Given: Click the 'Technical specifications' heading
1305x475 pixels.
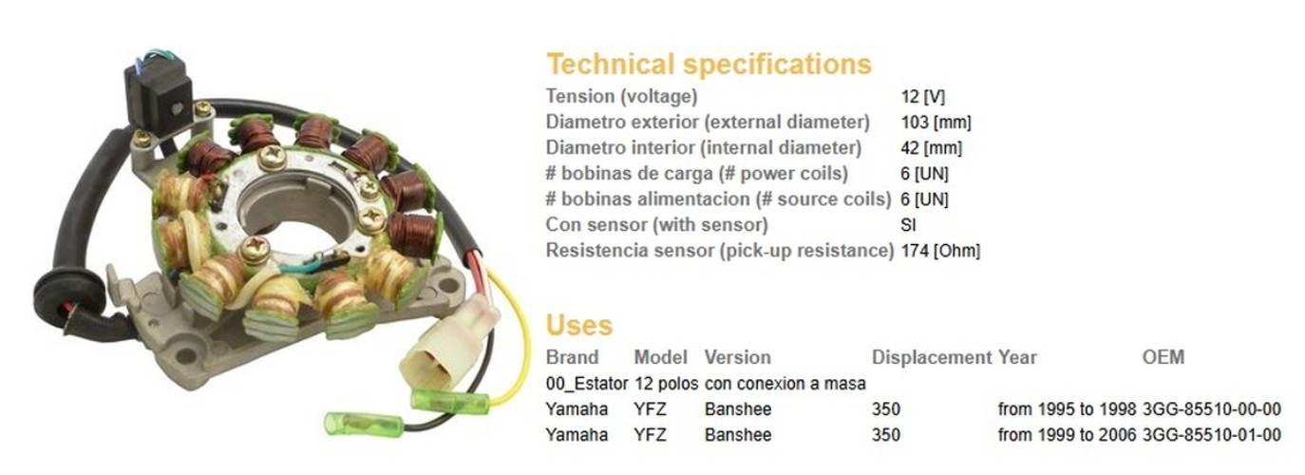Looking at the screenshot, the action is pos(709,64).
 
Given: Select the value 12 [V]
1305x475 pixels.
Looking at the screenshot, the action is pos(923,97).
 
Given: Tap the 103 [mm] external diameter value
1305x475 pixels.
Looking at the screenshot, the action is pos(936,123).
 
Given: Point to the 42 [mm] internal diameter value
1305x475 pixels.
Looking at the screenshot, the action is pos(931,148).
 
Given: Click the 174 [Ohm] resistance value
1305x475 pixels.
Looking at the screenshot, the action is pos(940,251).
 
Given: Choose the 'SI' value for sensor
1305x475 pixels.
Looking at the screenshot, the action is pos(908,225).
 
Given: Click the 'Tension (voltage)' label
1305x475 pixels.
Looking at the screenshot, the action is pos(621,97).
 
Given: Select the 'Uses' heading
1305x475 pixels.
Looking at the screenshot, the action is pos(579,325).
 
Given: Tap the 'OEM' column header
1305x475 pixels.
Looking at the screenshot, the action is pos(1163,356).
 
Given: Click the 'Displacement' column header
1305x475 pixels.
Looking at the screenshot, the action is pos(931,357).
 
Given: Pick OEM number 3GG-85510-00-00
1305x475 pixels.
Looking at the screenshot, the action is pos(1211,409).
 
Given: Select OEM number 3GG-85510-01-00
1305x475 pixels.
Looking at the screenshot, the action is pos(1211,435).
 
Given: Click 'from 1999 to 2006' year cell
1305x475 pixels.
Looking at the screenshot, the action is pos(1067,435).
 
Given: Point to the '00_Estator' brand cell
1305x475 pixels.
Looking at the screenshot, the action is pos(587,384).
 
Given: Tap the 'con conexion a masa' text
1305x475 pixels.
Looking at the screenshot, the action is pos(785,384).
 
